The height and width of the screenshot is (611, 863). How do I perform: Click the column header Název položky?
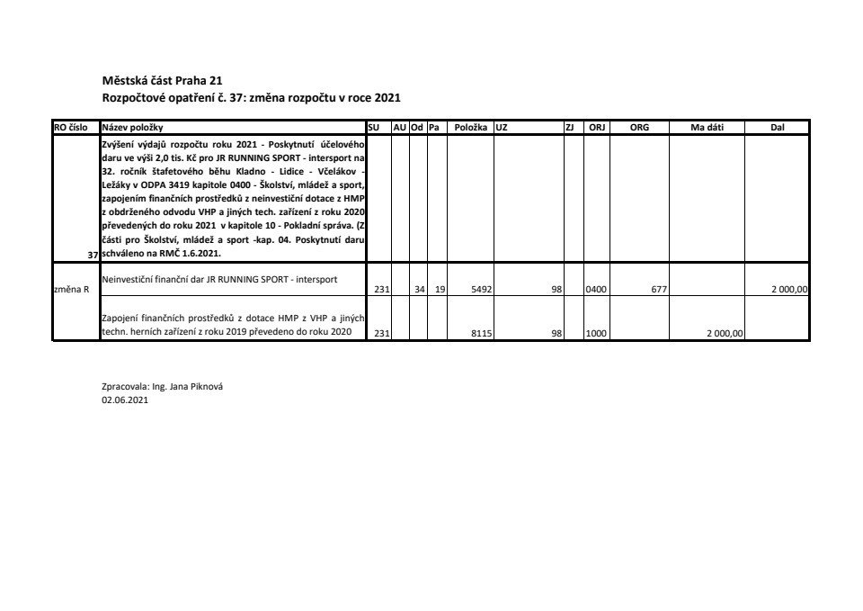click(x=133, y=128)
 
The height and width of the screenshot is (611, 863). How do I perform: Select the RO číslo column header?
click(x=71, y=128)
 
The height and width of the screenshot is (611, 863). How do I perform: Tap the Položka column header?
click(x=470, y=128)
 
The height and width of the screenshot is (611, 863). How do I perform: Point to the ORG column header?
click(x=639, y=128)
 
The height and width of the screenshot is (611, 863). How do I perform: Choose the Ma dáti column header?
click(x=707, y=128)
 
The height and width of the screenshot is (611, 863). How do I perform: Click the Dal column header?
click(x=778, y=128)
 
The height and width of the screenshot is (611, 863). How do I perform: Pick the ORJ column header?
click(x=596, y=128)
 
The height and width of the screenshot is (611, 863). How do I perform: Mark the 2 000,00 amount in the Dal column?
click(x=790, y=290)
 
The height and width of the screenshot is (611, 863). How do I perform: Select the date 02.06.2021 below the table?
click(x=125, y=400)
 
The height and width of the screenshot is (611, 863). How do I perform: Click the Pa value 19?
click(x=440, y=290)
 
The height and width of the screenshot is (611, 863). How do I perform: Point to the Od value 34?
click(x=419, y=290)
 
